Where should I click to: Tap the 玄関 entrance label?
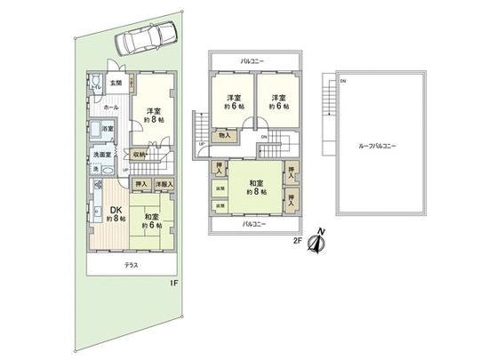(x=116, y=84)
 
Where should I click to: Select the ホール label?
(x=110, y=107)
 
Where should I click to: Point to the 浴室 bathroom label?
(x=108, y=131)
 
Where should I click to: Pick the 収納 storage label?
(x=140, y=153)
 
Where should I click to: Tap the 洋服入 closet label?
(x=164, y=184)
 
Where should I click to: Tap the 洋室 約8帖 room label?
(x=152, y=116)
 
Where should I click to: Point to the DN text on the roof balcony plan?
(x=343, y=81)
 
